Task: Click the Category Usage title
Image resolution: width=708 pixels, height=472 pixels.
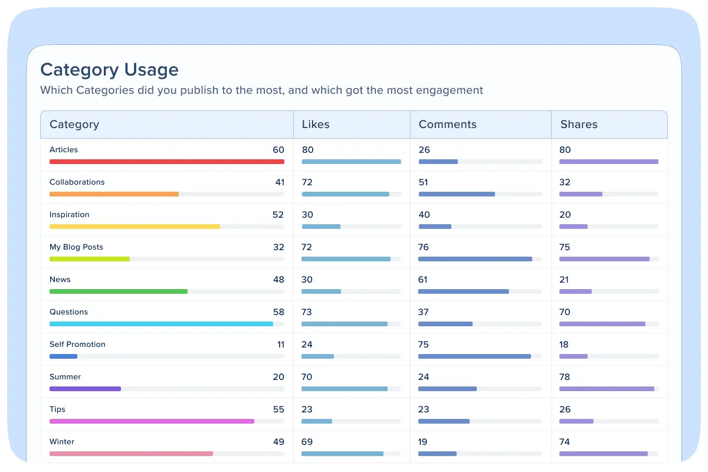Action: [x=109, y=70]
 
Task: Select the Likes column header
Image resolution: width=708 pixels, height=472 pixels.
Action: [x=316, y=124]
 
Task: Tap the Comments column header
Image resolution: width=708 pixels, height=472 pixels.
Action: [x=447, y=124]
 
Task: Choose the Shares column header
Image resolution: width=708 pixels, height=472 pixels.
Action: [x=579, y=124]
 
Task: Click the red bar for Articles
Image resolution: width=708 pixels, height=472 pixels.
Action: [x=167, y=161]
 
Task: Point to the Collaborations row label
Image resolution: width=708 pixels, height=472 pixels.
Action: [x=77, y=182]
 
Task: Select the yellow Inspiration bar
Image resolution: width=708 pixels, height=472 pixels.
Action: [x=135, y=226]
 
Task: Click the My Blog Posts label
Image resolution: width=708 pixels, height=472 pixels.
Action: [x=76, y=247]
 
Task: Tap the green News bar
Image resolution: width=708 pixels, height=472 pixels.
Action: [x=119, y=291]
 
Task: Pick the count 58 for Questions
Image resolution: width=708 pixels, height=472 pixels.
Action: [x=278, y=312]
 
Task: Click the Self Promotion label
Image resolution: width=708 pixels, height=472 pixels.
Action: [x=77, y=345]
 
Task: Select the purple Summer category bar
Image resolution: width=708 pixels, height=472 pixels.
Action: [x=85, y=388]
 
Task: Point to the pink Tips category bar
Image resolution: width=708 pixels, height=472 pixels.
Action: [x=152, y=421]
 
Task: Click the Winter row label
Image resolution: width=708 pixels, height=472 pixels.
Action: [x=62, y=442]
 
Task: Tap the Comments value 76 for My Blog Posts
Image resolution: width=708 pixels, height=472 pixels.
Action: [x=424, y=247]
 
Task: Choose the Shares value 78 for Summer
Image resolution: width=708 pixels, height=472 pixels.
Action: [x=565, y=377]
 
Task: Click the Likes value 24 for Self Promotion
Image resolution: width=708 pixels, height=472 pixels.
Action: [x=307, y=345]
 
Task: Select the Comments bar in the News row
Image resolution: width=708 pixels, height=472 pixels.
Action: [x=463, y=291]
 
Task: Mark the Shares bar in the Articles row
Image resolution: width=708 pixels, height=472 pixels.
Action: [x=608, y=161]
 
